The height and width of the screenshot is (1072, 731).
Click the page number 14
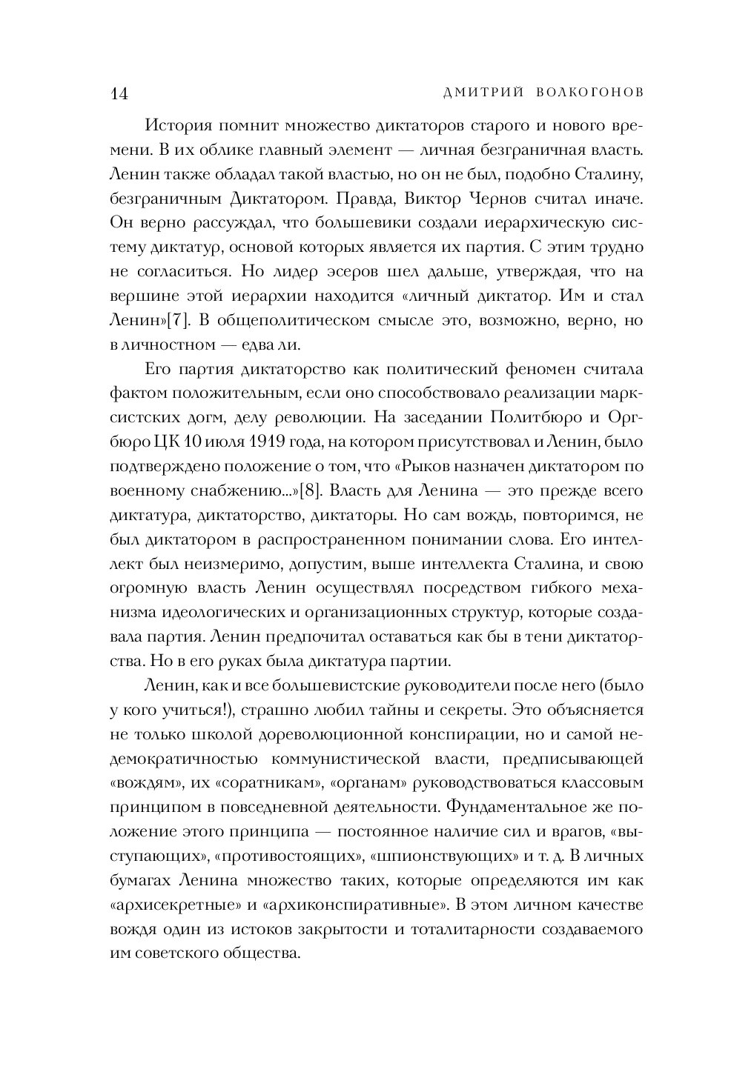(119, 93)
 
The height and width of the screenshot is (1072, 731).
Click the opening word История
(175, 125)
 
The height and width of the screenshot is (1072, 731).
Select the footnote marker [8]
(310, 490)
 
